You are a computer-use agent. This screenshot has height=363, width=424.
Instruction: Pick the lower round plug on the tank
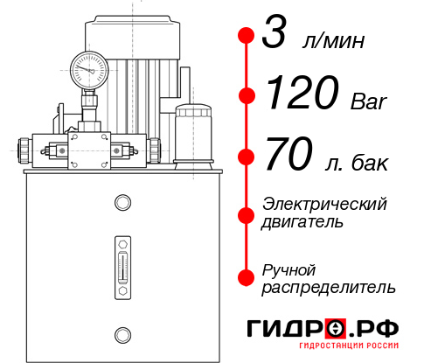point(121,333)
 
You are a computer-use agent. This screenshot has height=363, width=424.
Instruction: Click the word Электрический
point(324,204)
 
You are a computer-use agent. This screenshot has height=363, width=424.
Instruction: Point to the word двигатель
point(302,222)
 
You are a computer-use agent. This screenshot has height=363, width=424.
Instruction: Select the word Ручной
point(289,269)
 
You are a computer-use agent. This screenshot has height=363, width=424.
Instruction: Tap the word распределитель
point(329,287)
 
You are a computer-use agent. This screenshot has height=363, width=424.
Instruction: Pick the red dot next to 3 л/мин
point(247,36)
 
